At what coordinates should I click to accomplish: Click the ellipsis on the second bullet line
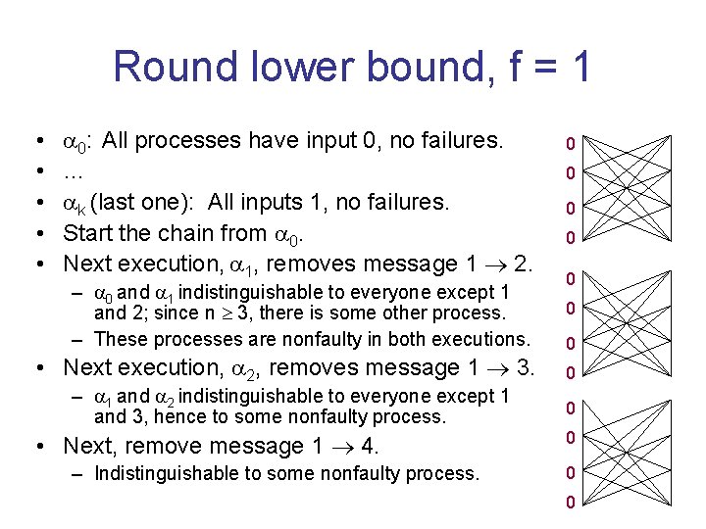tap(73, 172)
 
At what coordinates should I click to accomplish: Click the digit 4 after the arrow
tap(370, 447)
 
